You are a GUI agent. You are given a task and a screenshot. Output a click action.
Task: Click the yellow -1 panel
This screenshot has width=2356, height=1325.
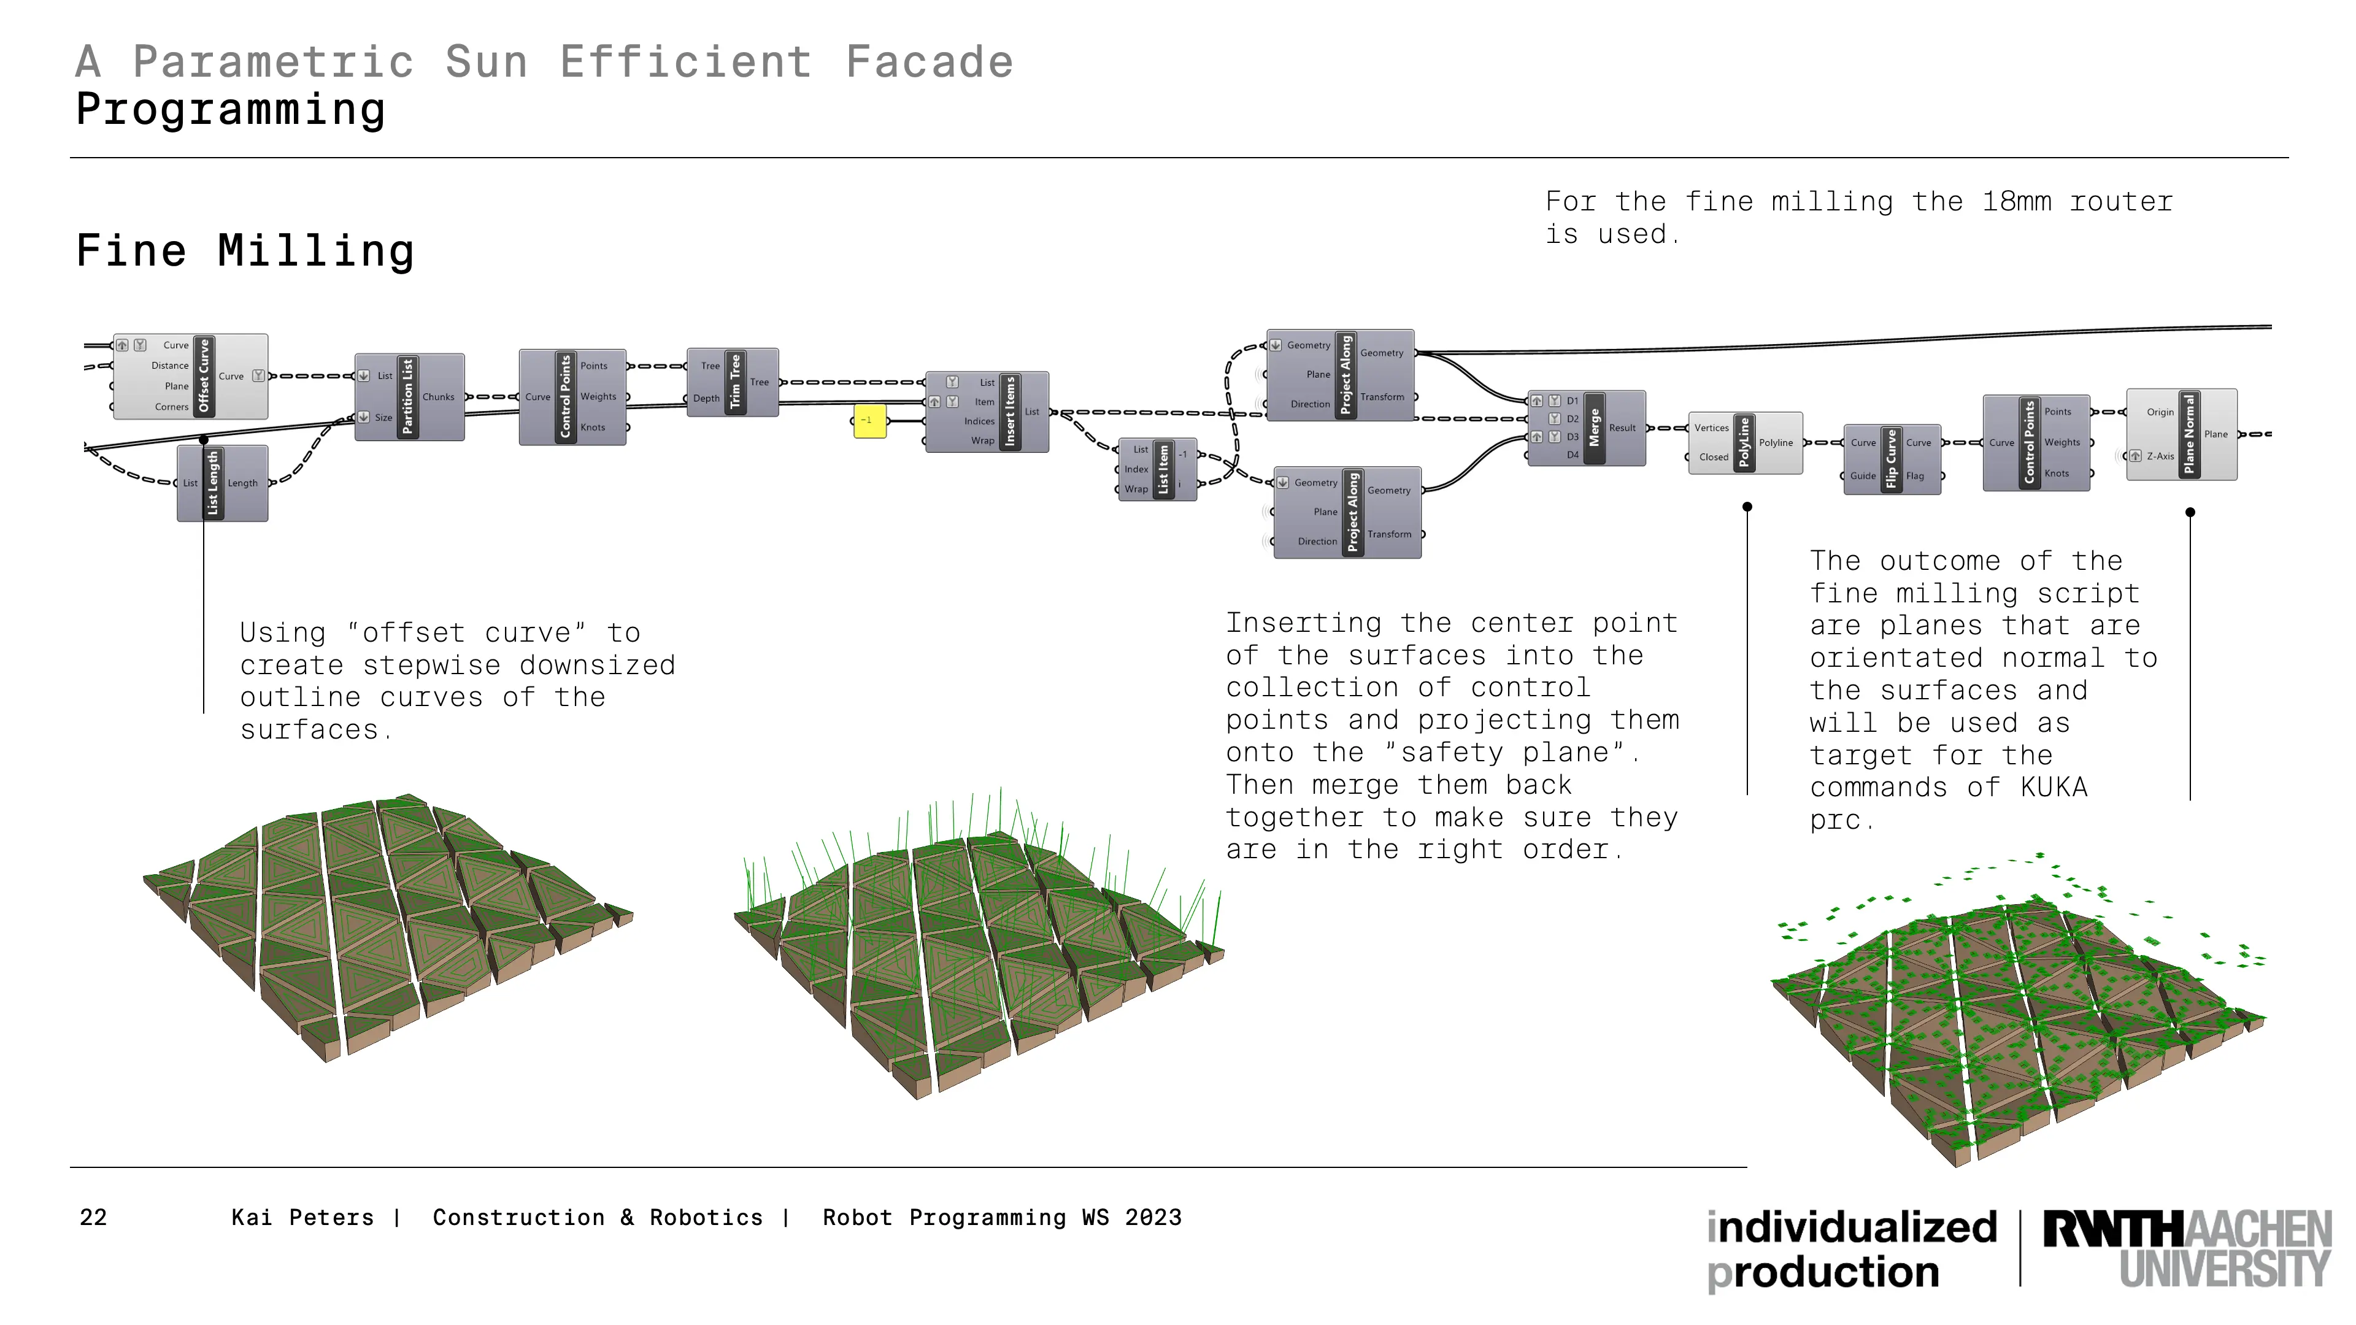[x=870, y=421]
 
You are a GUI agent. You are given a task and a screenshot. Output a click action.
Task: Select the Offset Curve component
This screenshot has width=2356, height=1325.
[x=190, y=376]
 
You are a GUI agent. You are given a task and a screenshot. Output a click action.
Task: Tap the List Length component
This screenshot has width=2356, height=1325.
[x=222, y=483]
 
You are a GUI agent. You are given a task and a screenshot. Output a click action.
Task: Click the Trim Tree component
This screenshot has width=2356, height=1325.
[x=733, y=382]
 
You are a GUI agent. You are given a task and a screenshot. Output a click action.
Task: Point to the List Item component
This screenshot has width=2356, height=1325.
[x=1158, y=469]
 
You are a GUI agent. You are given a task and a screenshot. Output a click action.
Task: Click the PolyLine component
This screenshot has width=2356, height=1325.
[x=1745, y=442]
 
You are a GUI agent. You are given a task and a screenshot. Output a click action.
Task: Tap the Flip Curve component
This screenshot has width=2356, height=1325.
[x=1892, y=459]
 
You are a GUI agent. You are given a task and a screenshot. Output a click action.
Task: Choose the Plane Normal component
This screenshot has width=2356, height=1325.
[x=2182, y=434]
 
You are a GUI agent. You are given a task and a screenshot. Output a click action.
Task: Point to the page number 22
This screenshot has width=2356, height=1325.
[x=93, y=1217]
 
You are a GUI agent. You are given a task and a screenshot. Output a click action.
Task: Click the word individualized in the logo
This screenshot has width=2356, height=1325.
[x=1852, y=1227]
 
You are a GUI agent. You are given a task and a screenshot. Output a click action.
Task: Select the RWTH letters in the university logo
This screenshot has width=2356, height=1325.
[x=2112, y=1228]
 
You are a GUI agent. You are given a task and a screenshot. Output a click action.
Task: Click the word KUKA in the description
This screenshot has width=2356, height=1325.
[x=2054, y=787]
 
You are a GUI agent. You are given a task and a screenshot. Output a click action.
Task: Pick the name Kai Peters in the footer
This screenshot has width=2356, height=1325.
[x=302, y=1217]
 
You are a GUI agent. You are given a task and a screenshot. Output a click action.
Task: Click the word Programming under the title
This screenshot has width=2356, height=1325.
[x=231, y=110]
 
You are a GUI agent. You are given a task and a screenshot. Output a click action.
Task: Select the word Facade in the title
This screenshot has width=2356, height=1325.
[x=930, y=62]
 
